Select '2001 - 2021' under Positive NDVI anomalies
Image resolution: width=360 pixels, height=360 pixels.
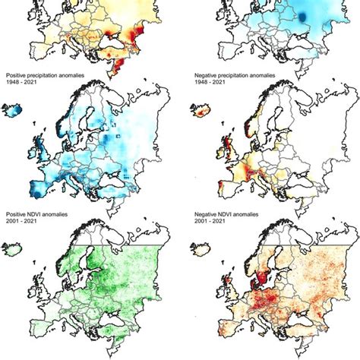(21, 223)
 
